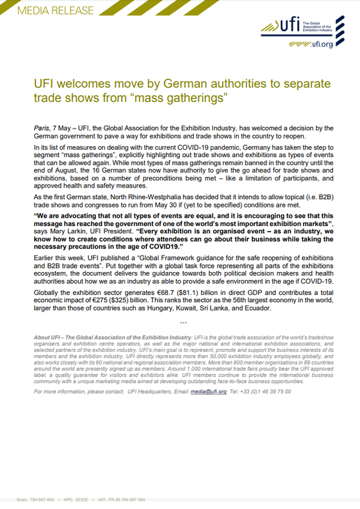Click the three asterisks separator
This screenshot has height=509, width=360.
coord(183,322)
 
